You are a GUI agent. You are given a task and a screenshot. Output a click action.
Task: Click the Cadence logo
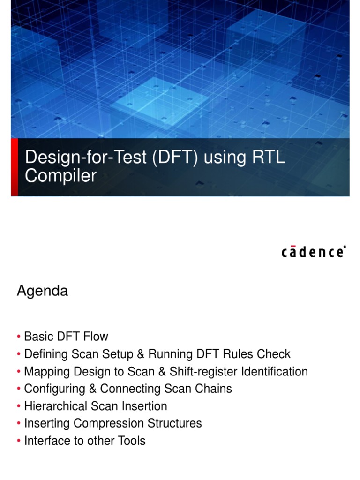[314, 252]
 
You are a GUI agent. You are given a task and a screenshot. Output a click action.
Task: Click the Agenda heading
[42, 291]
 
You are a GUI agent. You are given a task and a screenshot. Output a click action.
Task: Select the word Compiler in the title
[61, 176]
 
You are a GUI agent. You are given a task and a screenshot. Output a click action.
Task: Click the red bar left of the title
[15, 167]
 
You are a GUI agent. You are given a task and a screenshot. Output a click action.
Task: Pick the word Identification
[274, 372]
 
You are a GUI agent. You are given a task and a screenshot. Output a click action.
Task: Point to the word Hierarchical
[55, 406]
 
